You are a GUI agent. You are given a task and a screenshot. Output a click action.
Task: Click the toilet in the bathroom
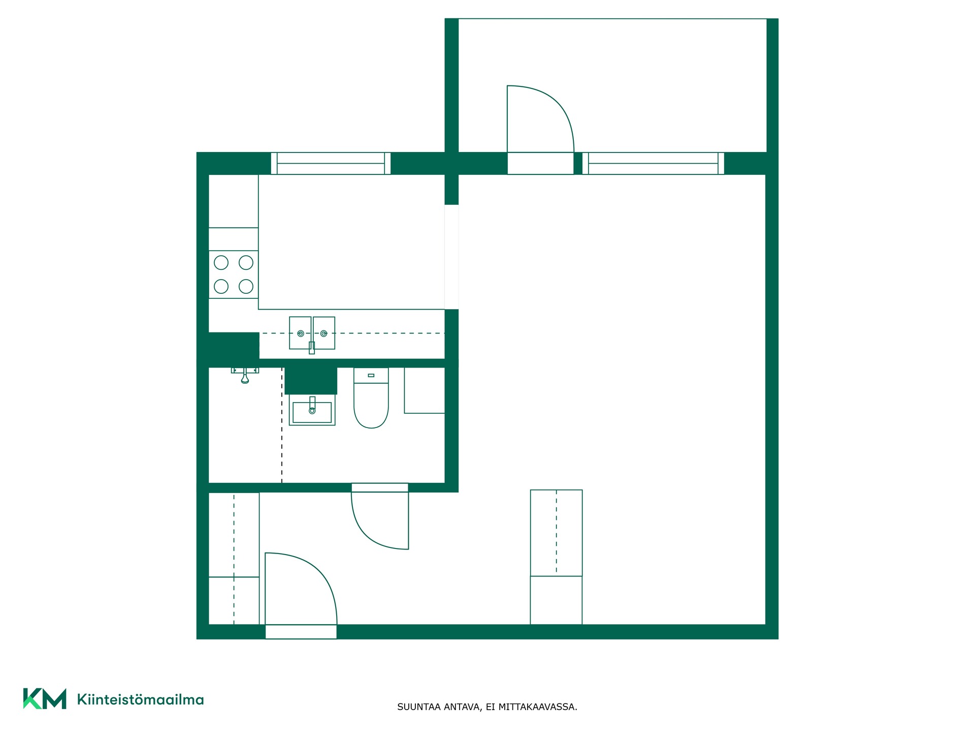[371, 398]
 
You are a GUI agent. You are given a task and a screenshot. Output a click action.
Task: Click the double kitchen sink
[312, 333]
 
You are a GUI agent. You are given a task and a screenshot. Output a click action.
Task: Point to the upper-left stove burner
[221, 262]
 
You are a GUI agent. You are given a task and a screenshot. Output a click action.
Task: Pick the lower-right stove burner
[246, 286]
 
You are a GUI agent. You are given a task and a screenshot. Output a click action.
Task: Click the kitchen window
[331, 163]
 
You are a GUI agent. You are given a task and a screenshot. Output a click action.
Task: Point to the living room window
[653, 163]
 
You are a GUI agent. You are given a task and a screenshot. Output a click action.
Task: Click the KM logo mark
[45, 699]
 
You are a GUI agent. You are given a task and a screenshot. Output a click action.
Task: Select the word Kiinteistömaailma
[140, 699]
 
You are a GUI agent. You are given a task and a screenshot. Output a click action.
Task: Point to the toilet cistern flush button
[371, 375]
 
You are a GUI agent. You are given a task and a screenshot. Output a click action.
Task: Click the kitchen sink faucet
[312, 347]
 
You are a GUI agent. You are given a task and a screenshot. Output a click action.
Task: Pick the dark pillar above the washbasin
[311, 380]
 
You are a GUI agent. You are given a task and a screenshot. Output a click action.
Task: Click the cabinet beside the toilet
[425, 390]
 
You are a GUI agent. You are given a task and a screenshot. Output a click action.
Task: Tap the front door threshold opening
[301, 632]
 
